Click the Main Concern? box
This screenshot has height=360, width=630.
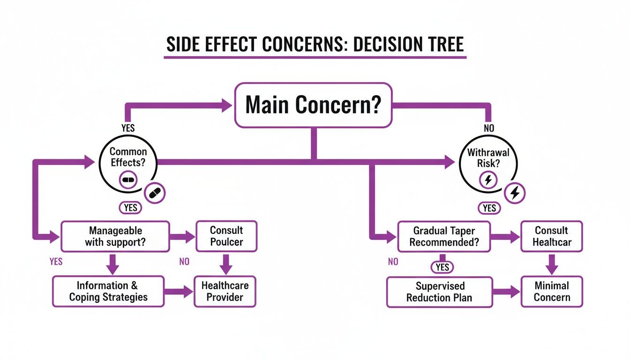point(313,105)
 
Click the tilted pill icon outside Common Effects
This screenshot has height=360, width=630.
point(154,193)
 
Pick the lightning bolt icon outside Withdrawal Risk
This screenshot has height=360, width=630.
point(515,193)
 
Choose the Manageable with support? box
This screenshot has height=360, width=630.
point(115,237)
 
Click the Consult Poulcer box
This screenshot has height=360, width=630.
point(226,236)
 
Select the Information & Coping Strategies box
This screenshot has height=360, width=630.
point(108,291)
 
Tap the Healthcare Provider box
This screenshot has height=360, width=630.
point(225,291)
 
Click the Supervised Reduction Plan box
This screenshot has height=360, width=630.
point(439,292)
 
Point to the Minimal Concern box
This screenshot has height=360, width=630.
point(552,292)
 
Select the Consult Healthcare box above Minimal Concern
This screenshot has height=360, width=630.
point(552,237)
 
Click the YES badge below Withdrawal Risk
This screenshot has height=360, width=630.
point(489,208)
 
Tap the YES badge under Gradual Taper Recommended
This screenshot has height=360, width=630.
point(442,267)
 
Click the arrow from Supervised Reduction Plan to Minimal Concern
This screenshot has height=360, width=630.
point(507,292)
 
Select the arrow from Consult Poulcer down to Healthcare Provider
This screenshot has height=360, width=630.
point(226,264)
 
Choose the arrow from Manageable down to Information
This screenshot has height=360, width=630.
point(112,264)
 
